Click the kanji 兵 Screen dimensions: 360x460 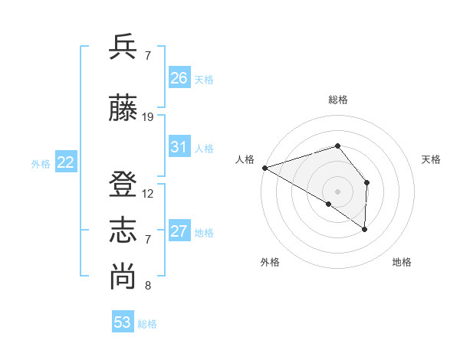123,47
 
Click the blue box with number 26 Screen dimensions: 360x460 179,78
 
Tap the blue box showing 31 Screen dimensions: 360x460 179,147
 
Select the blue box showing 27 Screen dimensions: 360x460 179,231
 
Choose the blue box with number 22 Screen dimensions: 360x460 66,162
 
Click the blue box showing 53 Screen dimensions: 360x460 123,322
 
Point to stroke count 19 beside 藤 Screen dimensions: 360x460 148,117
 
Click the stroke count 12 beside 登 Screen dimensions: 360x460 148,194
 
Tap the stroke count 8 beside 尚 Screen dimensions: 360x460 147,286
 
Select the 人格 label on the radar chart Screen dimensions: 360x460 245,159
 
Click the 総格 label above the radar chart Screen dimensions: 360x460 337,100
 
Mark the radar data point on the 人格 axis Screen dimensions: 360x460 264,167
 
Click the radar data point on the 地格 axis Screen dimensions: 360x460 365,229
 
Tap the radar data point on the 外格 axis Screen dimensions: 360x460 329,204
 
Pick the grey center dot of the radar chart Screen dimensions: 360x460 337,191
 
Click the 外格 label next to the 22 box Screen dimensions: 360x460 41,163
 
